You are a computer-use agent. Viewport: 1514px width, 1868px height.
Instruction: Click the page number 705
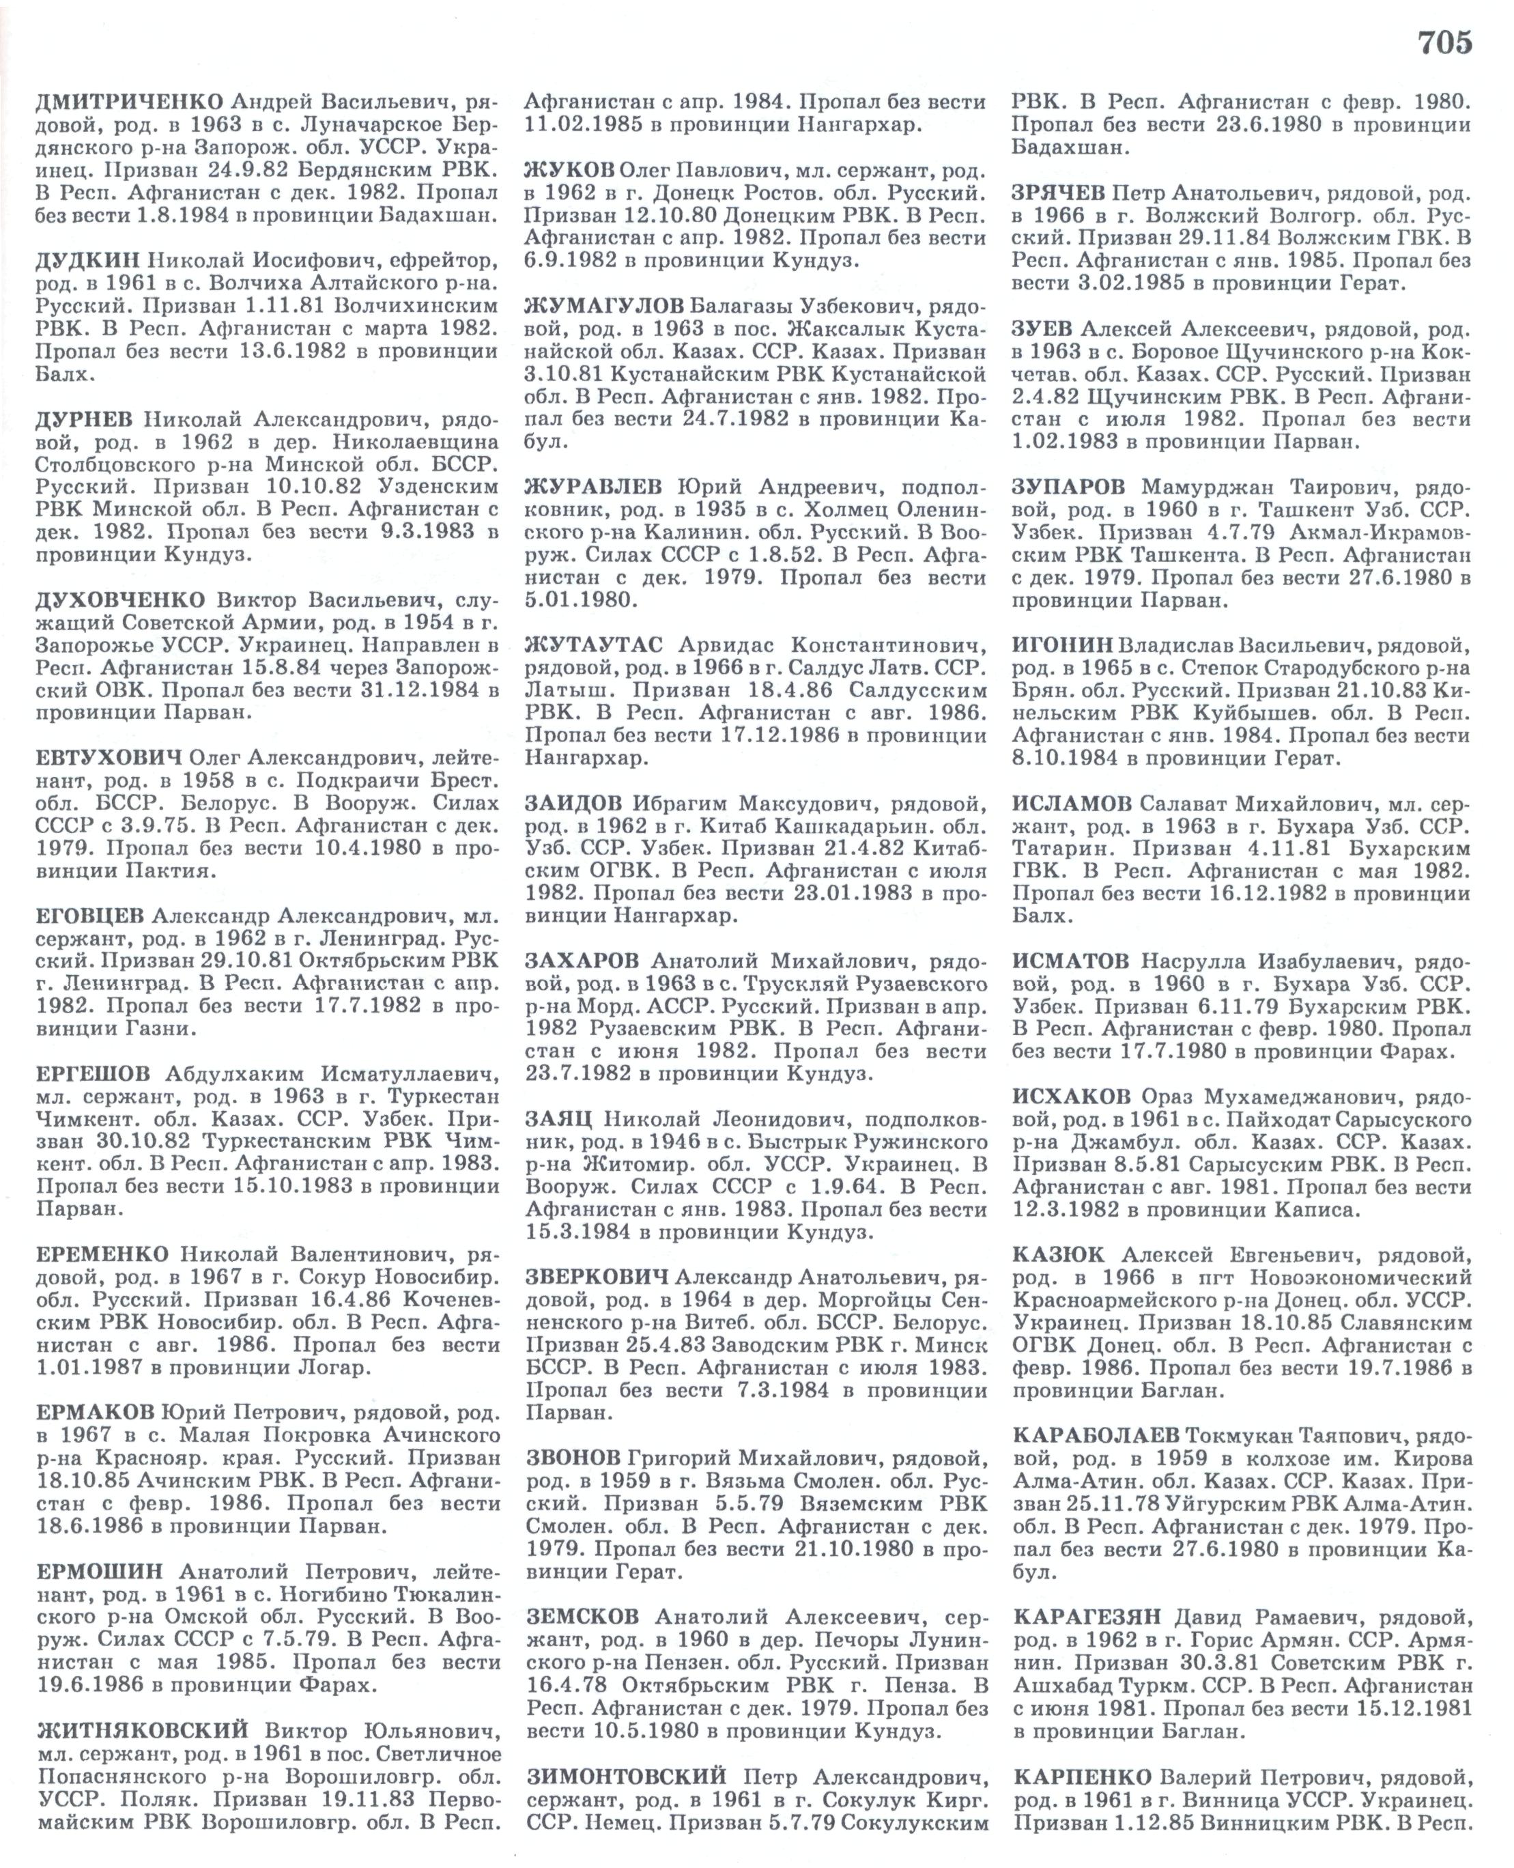[1444, 41]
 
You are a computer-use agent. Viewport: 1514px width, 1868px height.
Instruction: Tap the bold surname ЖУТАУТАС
[593, 646]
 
